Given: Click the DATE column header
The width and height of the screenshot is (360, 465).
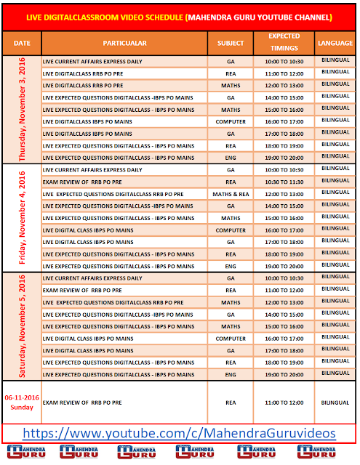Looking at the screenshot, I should tap(22, 43).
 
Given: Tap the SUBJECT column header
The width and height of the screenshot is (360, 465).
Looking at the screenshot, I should tap(231, 43).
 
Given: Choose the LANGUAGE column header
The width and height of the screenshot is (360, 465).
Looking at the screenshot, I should tap(335, 43).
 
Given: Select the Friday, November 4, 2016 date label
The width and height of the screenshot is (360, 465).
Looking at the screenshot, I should tap(22, 218).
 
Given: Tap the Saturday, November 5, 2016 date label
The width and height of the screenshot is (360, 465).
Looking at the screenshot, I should tap(22, 326).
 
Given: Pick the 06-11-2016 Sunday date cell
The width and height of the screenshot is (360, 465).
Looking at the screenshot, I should tap(21, 402).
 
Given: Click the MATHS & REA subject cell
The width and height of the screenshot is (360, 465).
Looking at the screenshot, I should tap(231, 194).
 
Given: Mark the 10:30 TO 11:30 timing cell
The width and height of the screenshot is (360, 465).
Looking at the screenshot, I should tap(284, 182).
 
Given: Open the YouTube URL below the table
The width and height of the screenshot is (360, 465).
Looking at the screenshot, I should tap(179, 433).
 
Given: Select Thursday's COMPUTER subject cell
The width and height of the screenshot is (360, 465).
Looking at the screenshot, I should tap(231, 121).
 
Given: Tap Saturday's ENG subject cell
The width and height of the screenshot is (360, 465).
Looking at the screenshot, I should tap(231, 374).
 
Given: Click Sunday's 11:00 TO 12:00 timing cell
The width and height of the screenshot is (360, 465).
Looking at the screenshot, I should tap(284, 402).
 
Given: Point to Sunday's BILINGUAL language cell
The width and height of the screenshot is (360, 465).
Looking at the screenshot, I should tap(335, 402).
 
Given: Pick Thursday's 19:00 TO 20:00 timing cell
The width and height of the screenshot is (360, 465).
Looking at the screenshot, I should tap(284, 157).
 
